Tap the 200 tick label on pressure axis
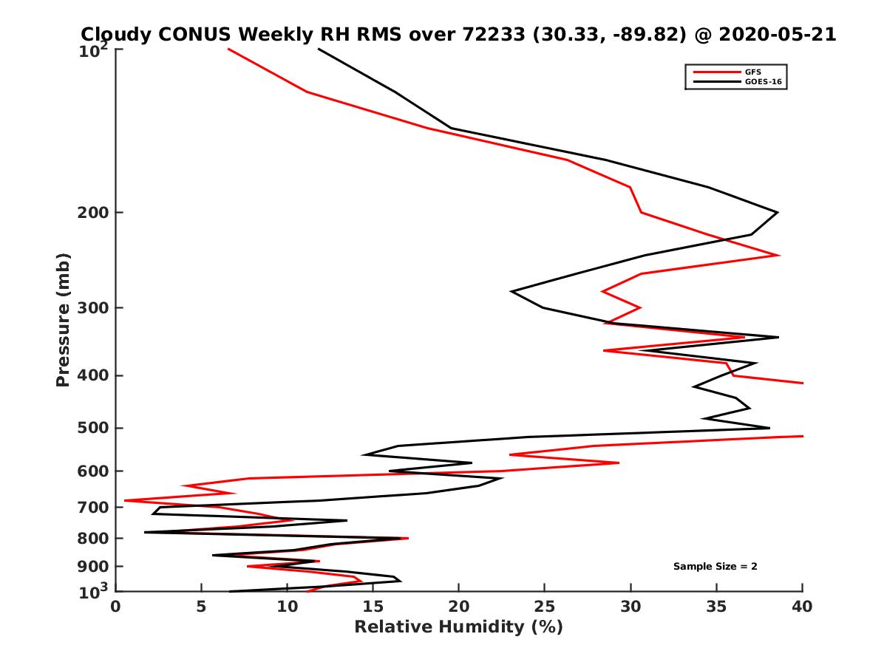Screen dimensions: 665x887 pos(92,213)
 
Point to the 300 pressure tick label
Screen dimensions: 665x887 pos(92,307)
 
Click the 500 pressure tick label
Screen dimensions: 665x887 pos(92,428)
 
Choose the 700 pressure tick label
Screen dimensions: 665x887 pos(92,508)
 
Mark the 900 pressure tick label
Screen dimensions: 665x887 pos(92,567)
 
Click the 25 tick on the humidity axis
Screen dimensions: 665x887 pos(545,607)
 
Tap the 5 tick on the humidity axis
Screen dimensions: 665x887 pos(201,607)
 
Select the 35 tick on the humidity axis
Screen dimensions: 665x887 pos(716,607)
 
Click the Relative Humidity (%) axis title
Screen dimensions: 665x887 pos(458,627)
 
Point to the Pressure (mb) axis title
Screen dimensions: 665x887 pos(63,319)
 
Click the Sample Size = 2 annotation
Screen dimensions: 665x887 pos(715,567)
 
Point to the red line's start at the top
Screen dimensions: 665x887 pos(228,50)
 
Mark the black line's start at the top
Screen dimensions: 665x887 pos(319,50)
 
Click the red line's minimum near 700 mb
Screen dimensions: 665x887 pos(125,500)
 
